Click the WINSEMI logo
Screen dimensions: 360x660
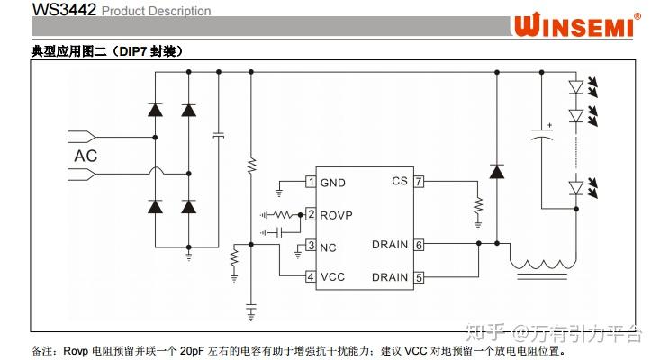[576, 24]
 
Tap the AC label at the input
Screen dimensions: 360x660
[87, 156]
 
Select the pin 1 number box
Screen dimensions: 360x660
[311, 183]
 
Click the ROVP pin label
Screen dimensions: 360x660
[336, 214]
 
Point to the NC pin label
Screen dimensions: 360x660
[328, 246]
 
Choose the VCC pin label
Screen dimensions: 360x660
[332, 277]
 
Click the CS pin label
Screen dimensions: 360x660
[400, 181]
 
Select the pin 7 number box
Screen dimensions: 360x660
[419, 181]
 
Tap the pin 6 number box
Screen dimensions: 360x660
[419, 245]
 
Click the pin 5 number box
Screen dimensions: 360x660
[419, 277]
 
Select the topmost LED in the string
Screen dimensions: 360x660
[577, 86]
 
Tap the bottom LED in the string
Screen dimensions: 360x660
[577, 187]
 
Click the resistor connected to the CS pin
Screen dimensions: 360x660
[478, 210]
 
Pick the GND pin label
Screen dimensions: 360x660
[333, 183]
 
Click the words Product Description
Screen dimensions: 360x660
[156, 11]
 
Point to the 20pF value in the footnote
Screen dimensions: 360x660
[193, 349]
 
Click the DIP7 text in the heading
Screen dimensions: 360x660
[135, 51]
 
